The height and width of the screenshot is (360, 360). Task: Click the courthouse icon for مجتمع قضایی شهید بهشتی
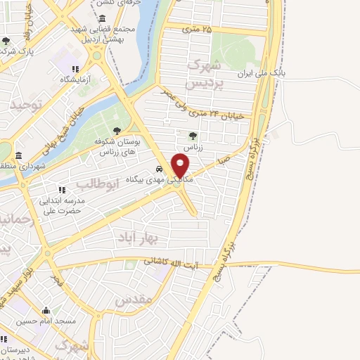coord(103,18)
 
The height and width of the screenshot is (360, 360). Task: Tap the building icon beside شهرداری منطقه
coord(18,155)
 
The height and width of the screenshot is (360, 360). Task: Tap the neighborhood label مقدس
coord(133,301)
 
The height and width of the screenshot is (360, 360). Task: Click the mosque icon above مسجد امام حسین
coord(46,311)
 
